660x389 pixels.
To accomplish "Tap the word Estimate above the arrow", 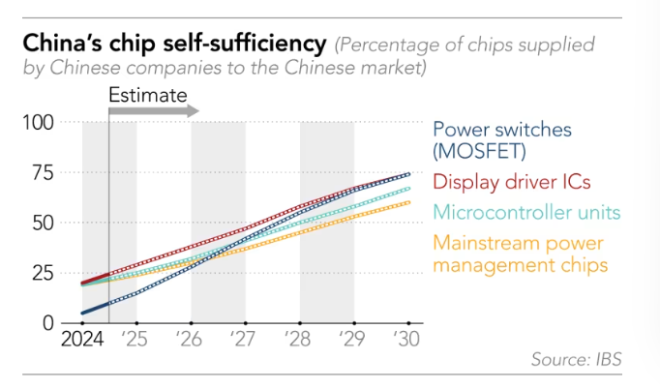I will tap(147, 95).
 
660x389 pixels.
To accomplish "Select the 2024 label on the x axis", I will tap(82, 340).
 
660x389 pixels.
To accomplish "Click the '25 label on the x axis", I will tap(138, 340).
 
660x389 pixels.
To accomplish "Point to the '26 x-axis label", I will tap(192, 340).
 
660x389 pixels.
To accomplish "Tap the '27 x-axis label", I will tap(246, 340).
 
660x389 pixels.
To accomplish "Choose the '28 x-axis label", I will tap(300, 340).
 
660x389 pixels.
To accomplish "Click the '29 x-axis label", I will tap(354, 340).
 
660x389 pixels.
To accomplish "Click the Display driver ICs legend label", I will tap(511, 181).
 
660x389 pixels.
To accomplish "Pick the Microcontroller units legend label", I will tap(526, 211).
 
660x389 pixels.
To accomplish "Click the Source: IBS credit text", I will tap(576, 360).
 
